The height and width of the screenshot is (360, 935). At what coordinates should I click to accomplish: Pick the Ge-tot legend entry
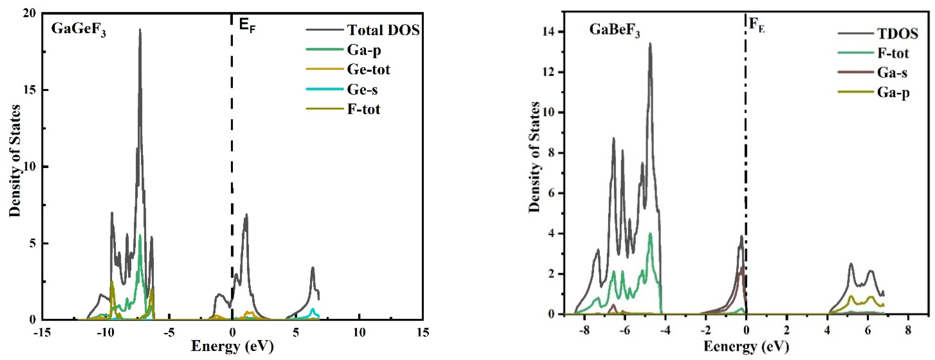point(368,69)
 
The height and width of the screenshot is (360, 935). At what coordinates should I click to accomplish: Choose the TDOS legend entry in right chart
point(897,33)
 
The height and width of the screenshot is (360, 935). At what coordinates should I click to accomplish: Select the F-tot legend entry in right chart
point(893,53)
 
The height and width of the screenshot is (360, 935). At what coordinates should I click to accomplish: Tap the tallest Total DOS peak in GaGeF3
point(140,30)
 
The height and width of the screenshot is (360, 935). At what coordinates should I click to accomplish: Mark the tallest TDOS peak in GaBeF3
point(650,44)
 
